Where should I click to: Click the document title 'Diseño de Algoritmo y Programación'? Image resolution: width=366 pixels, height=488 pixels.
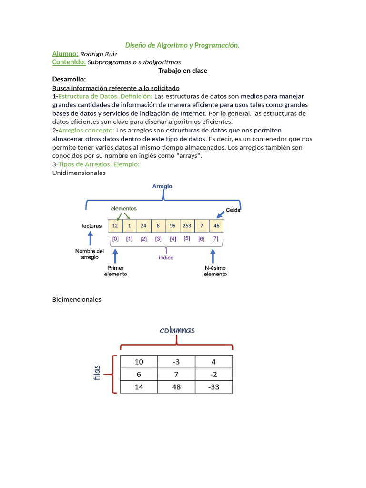(x=182, y=45)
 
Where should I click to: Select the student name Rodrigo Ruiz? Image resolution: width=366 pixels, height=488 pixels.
(x=99, y=54)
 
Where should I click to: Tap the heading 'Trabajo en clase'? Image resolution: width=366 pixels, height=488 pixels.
(x=183, y=71)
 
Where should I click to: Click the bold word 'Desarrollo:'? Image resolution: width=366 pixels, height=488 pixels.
(x=69, y=79)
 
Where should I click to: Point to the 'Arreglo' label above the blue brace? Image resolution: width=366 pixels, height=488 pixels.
(x=163, y=186)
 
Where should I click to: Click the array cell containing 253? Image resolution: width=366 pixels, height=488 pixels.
(x=187, y=226)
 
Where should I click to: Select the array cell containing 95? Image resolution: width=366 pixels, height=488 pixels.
(x=173, y=226)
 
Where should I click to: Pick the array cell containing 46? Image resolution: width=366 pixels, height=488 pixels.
(x=216, y=226)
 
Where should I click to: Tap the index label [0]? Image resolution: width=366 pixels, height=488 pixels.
(x=115, y=239)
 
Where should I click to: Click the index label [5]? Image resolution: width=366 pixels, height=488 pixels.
(x=187, y=239)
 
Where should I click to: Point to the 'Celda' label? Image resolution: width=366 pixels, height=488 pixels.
(x=233, y=210)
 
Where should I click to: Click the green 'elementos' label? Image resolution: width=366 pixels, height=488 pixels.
(x=123, y=208)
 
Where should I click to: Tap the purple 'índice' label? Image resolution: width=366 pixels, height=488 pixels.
(x=166, y=257)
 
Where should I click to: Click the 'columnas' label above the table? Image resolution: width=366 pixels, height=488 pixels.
(x=177, y=330)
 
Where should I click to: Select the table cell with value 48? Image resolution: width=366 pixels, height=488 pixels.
(x=176, y=387)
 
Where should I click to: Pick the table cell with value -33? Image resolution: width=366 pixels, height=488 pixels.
(x=213, y=387)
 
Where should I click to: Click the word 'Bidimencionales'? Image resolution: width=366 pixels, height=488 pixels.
(x=77, y=299)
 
